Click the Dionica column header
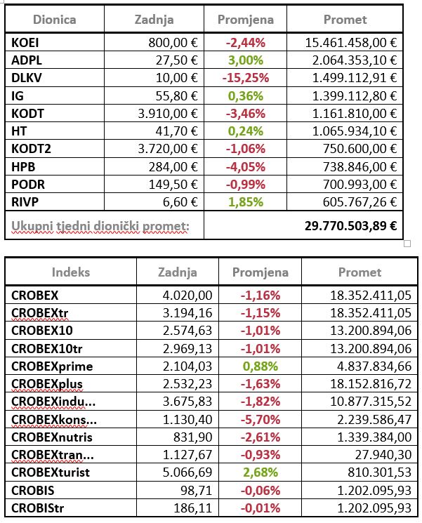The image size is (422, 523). [x=55, y=19]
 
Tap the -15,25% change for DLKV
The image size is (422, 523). [x=245, y=78]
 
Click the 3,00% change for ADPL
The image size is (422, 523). [x=244, y=60]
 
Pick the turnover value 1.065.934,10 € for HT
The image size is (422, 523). [x=351, y=131]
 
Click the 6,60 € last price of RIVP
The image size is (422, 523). [x=179, y=201]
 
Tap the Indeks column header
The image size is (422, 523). [x=71, y=272]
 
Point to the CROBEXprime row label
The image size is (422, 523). [x=52, y=366]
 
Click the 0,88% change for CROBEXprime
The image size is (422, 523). [x=259, y=366]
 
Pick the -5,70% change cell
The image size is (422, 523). [x=259, y=418]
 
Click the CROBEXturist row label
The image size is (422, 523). [x=51, y=471]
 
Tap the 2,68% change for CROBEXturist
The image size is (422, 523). [x=259, y=471]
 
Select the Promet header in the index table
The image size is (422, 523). [x=360, y=272]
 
